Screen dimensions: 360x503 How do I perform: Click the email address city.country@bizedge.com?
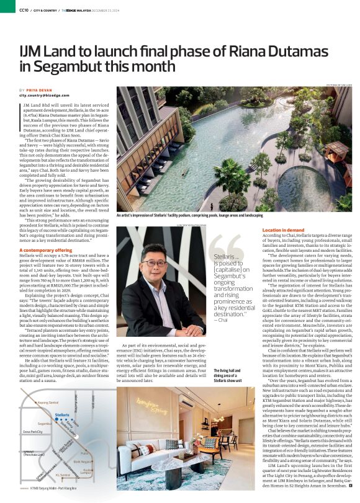pos(45,96)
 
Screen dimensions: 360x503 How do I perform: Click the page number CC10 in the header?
pos(24,10)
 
